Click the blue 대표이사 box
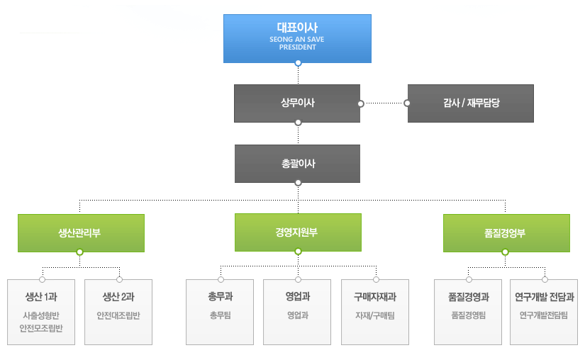click(x=297, y=39)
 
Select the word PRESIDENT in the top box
click(x=297, y=47)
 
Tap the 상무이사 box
click(x=297, y=103)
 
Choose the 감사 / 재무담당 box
click(x=470, y=103)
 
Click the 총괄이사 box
click(x=297, y=164)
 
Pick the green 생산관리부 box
click(x=81, y=233)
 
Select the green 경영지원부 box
click(x=298, y=232)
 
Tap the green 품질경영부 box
click(x=506, y=233)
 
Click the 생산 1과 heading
click(x=41, y=297)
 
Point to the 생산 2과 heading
click(x=118, y=297)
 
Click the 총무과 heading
click(x=220, y=297)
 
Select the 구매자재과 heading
click(x=375, y=297)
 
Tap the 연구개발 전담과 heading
click(x=545, y=297)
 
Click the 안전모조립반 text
click(x=41, y=328)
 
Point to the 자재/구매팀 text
click(x=375, y=315)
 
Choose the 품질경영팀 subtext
click(x=468, y=315)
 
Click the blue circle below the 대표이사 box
click(x=298, y=63)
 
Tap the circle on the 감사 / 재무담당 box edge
click(x=407, y=103)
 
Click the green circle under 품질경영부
click(x=505, y=252)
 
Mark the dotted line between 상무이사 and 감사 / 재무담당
click(x=384, y=103)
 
